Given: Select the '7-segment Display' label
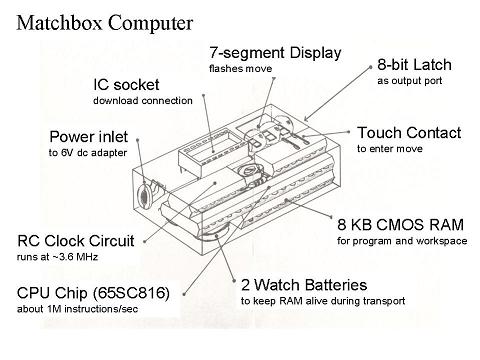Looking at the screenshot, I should [274, 52].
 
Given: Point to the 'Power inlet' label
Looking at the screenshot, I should [93, 136].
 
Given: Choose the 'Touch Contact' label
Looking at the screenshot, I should [408, 132].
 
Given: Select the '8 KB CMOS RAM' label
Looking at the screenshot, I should [391, 224].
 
